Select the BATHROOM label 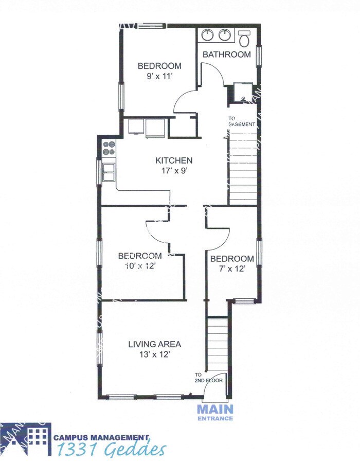pos(226,54)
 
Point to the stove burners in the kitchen pos(109,148)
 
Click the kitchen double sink pos(109,172)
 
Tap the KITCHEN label pos(174,161)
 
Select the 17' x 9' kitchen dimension pos(174,171)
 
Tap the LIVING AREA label pos(154,344)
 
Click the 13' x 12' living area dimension pos(154,354)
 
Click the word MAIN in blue pos(215,409)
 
